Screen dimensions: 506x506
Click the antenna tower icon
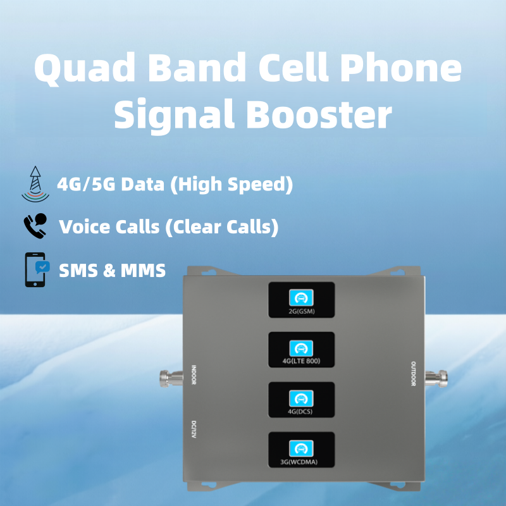click(35, 184)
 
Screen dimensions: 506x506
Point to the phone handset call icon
click(35, 226)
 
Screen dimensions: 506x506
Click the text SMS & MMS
click(112, 271)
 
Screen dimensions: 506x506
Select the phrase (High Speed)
click(233, 185)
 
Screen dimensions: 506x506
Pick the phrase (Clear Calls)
click(221, 227)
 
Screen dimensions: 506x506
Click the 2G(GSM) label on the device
click(301, 312)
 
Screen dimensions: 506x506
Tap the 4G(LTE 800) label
click(301, 362)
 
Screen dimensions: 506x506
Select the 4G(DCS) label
click(301, 412)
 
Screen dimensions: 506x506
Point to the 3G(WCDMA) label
click(301, 462)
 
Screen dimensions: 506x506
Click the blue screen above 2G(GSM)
click(301, 297)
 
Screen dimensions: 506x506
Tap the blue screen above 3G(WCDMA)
click(301, 448)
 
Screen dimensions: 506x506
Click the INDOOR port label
click(194, 374)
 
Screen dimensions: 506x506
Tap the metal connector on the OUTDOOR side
click(437, 379)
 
